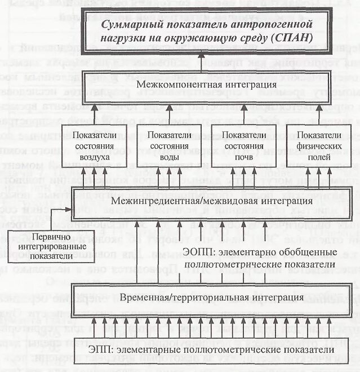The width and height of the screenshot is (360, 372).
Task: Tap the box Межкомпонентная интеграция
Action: coord(206,85)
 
